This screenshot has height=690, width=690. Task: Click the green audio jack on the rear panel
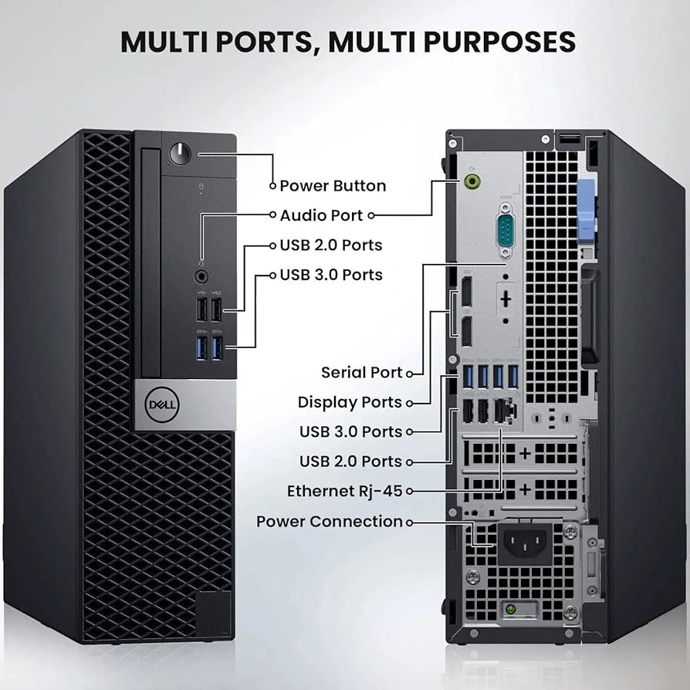(475, 181)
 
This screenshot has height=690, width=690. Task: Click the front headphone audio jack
(201, 274)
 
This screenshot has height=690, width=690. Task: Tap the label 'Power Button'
(333, 186)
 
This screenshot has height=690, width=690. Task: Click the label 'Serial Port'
(361, 373)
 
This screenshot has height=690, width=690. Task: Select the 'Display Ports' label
(350, 402)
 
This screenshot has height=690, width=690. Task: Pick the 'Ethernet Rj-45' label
(344, 491)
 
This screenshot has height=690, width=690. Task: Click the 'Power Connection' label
(330, 522)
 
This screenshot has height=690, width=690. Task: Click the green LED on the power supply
(510, 611)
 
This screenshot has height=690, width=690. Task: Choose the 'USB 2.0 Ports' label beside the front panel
(330, 245)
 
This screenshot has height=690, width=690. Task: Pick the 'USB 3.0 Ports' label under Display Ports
(350, 431)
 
